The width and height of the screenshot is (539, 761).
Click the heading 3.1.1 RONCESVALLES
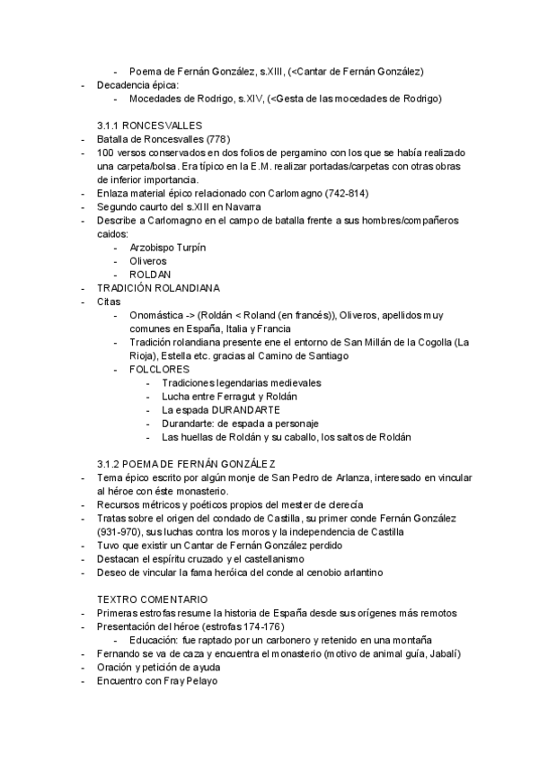click(149, 126)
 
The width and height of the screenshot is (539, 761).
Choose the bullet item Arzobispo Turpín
click(163, 248)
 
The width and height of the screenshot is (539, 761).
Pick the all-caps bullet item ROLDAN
click(151, 275)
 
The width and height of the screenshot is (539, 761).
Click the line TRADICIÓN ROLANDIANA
click(158, 288)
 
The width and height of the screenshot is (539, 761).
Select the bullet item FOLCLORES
click(159, 369)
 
